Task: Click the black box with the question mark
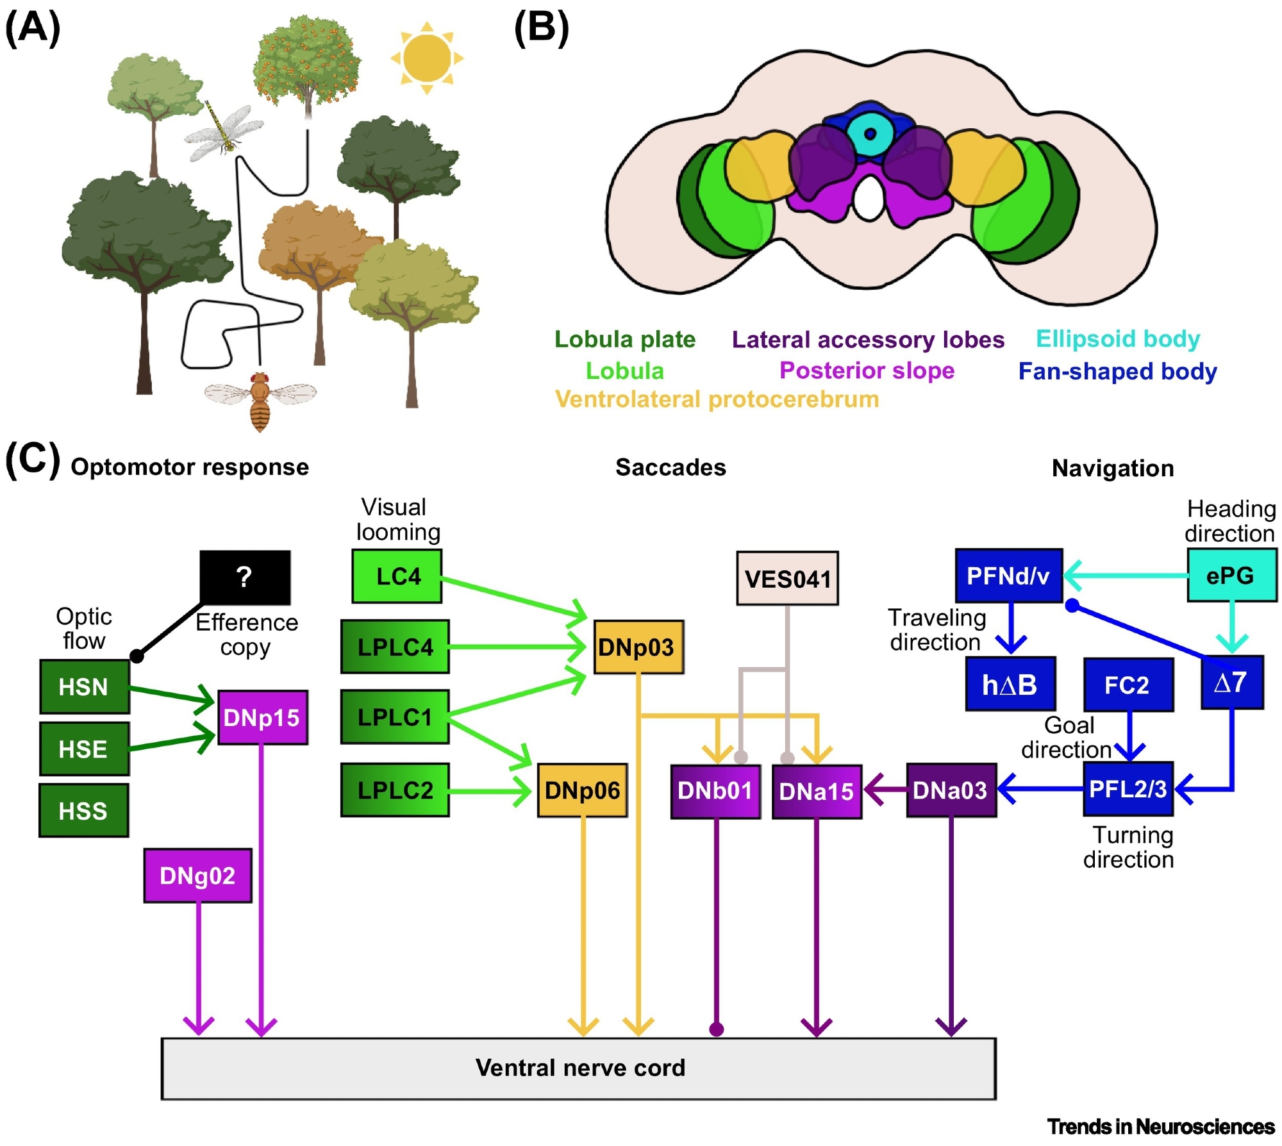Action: [245, 577]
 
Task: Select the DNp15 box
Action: [262, 717]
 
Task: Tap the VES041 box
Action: [787, 578]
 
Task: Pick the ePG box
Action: [1231, 576]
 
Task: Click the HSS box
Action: [84, 811]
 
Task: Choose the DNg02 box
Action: [197, 876]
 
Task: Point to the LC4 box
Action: [397, 576]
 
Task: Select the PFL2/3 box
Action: [1128, 789]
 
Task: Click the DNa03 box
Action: [951, 790]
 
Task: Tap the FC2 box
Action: [1128, 685]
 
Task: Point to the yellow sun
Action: [427, 58]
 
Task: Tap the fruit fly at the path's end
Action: [260, 401]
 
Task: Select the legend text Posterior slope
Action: [867, 370]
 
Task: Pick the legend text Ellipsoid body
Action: [1118, 338]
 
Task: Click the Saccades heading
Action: [670, 467]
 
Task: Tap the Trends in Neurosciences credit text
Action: [1160, 1126]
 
